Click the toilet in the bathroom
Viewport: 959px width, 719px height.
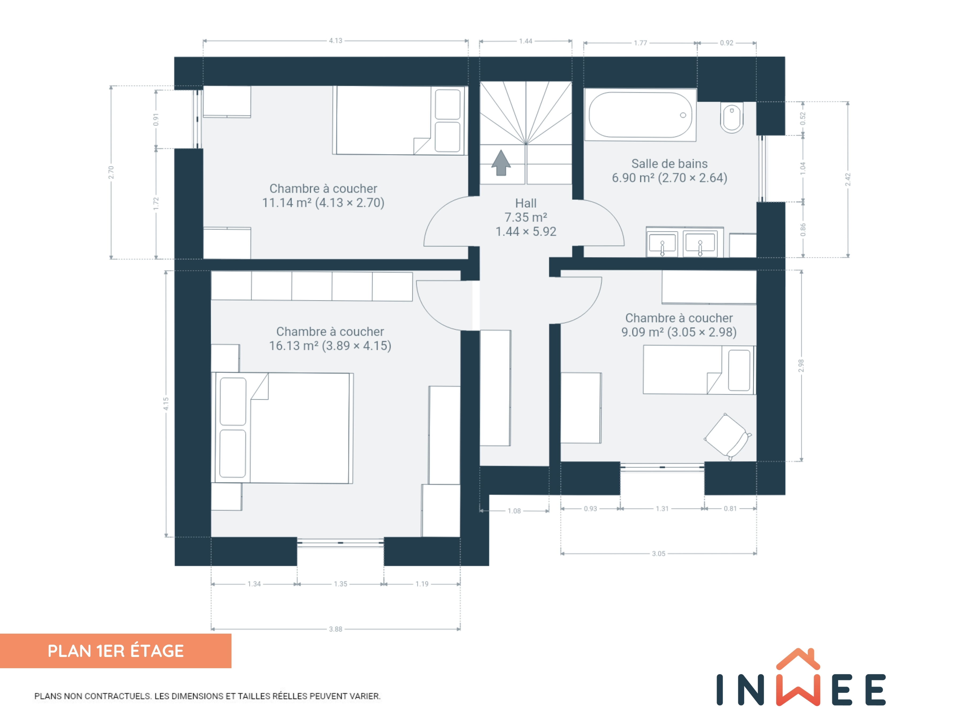pos(732,117)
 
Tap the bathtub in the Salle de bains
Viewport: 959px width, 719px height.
pos(640,115)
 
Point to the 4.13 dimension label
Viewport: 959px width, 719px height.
pos(336,41)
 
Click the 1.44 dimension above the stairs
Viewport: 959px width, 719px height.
pos(526,41)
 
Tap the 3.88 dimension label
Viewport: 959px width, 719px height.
pos(336,629)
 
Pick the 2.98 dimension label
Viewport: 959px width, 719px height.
pos(801,365)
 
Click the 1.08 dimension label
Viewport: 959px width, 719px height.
pos(514,511)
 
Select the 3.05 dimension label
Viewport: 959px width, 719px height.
pos(659,553)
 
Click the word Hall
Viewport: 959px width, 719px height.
pos(526,203)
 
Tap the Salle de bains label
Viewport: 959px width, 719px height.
pos(669,163)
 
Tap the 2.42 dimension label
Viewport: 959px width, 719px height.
pos(848,179)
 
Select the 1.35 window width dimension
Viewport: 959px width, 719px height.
pos(340,584)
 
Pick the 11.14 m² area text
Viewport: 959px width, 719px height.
pos(287,203)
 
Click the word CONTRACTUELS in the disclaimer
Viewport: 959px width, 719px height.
pos(117,696)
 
